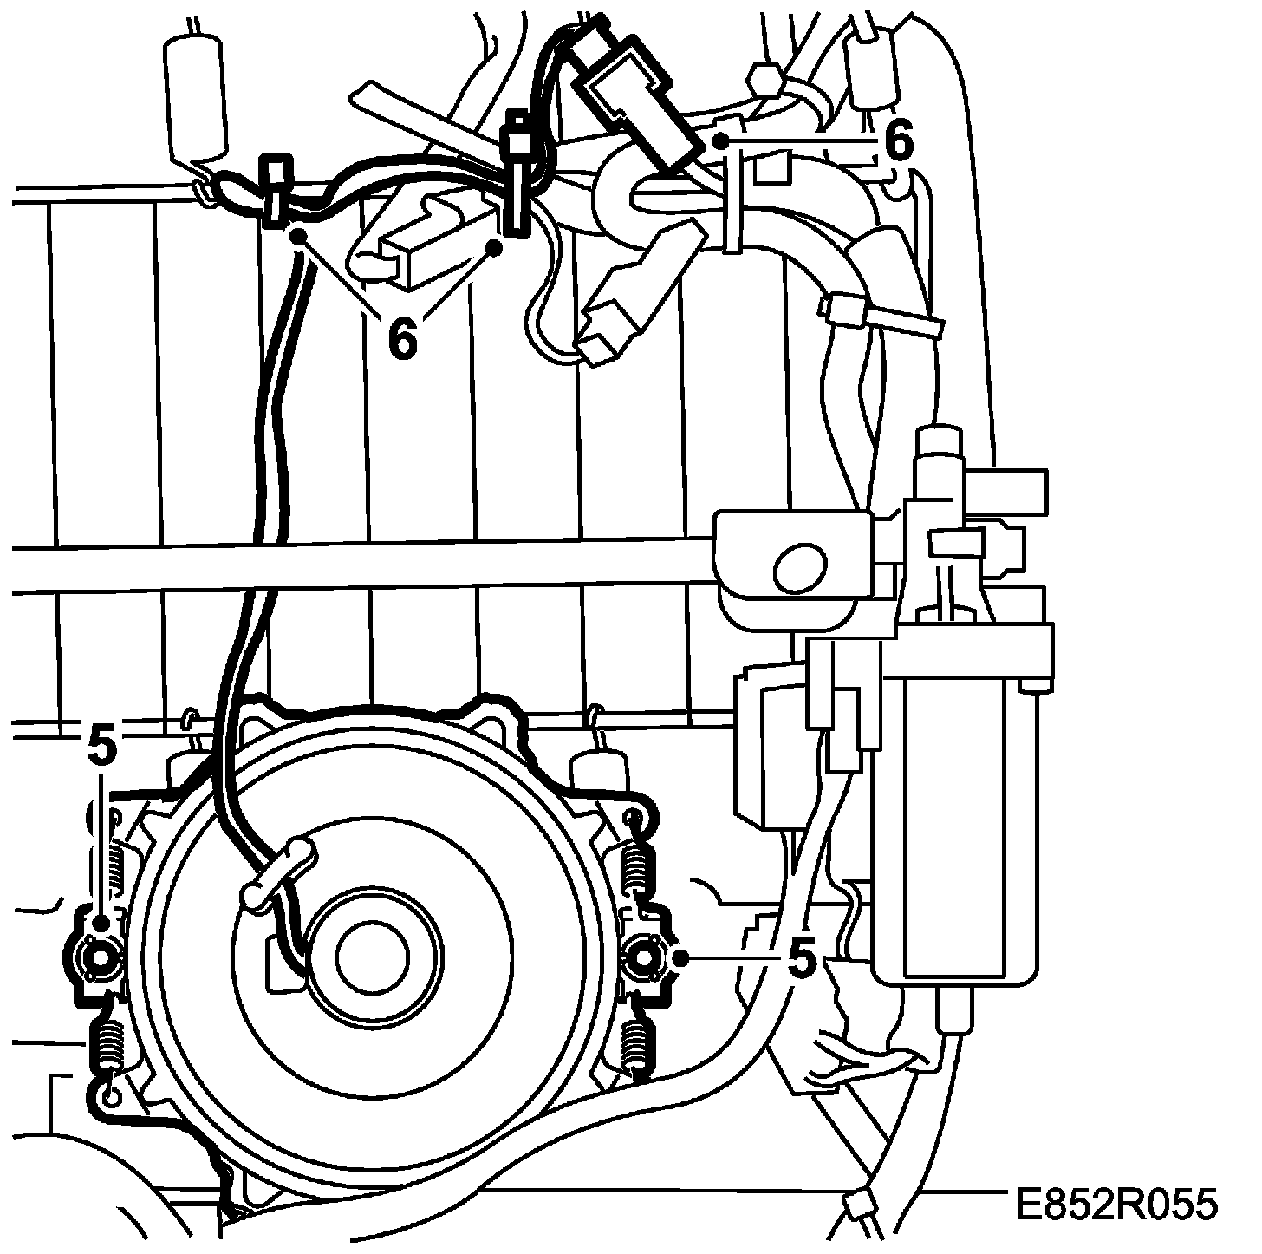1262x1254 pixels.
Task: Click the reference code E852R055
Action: click(x=1118, y=1205)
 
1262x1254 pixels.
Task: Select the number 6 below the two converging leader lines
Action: click(x=401, y=338)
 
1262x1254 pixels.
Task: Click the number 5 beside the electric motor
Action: click(x=802, y=958)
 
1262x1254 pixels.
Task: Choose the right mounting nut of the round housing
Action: click(x=645, y=957)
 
